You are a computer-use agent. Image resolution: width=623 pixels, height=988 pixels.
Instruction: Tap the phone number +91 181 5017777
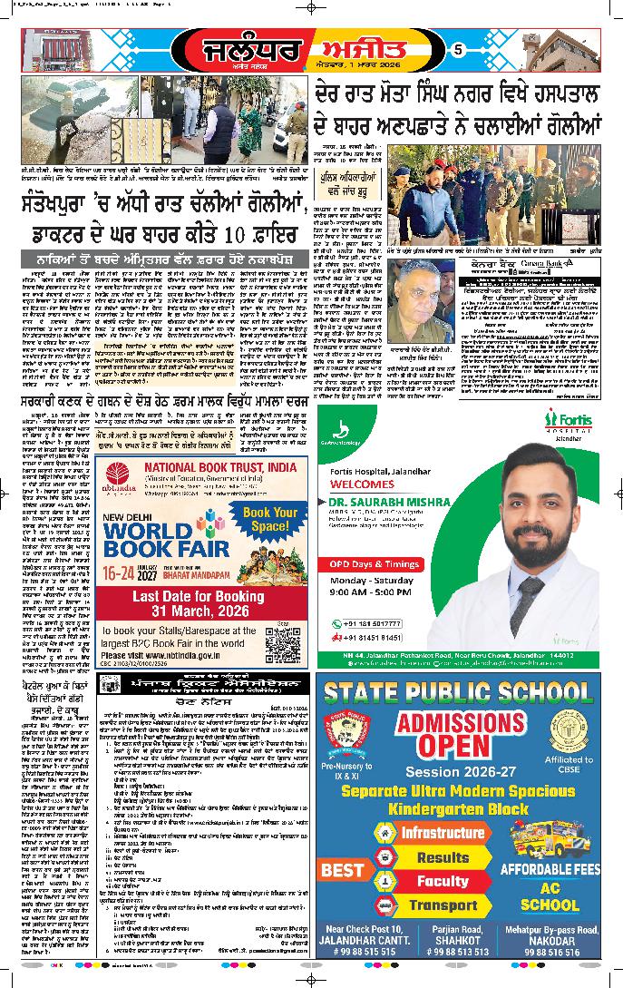(382, 621)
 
